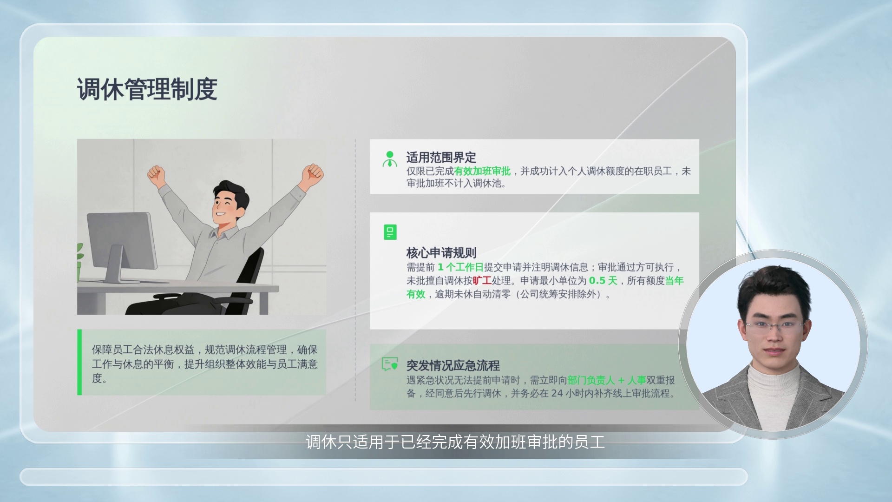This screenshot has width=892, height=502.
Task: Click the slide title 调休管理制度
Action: click(147, 89)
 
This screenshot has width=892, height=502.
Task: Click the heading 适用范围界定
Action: click(441, 158)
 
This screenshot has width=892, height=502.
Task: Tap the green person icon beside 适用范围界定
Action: click(390, 159)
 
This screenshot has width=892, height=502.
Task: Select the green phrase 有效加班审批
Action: click(482, 172)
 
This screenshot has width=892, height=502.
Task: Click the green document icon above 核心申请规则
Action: click(390, 232)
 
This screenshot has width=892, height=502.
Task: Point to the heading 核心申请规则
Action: click(441, 253)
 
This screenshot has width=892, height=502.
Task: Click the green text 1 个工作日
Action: click(460, 267)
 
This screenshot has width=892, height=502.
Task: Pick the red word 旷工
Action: click(482, 281)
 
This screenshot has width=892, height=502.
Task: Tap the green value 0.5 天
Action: click(603, 281)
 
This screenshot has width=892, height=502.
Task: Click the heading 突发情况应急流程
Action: click(453, 365)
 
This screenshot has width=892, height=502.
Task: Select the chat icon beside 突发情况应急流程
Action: click(390, 363)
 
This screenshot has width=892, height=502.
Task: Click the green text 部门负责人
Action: click(591, 380)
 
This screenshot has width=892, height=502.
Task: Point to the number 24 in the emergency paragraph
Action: click(557, 394)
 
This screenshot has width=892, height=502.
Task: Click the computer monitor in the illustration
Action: click(122, 246)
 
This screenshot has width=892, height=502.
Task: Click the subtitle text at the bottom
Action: click(455, 442)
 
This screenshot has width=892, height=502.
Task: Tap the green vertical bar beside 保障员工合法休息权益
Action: click(79, 363)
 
